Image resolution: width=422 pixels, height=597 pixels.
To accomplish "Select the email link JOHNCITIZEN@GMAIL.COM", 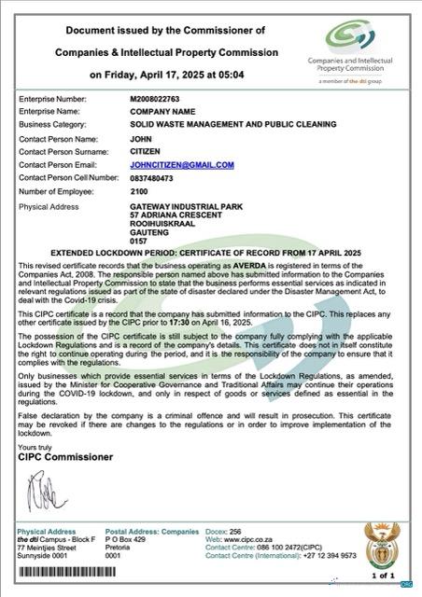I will (181, 164).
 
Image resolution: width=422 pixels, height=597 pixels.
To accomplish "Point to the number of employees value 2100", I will (140, 190).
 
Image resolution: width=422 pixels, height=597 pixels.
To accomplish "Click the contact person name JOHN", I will (140, 137).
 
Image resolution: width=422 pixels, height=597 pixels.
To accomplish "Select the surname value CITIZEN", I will (145, 150).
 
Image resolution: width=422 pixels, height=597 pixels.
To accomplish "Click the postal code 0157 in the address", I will (139, 242).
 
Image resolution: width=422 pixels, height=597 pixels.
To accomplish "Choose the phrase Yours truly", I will (35, 448).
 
